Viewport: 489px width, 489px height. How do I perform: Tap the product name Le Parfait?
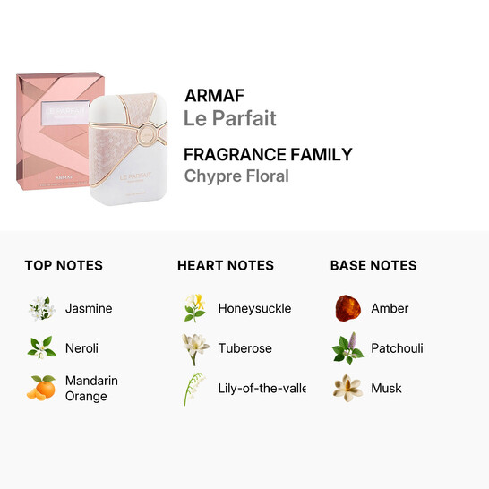click(230, 118)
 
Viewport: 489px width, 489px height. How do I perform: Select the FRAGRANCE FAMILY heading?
click(268, 154)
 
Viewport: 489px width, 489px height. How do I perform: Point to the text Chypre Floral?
click(236, 176)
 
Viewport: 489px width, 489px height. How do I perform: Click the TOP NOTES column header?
click(64, 265)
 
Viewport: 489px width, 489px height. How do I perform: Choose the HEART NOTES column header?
click(226, 265)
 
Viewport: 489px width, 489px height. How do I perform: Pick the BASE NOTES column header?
click(373, 265)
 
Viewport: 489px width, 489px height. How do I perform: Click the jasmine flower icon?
click(41, 308)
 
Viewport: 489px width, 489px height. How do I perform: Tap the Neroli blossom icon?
click(41, 347)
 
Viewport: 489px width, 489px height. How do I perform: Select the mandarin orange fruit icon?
click(41, 388)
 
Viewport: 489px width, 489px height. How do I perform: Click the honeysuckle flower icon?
click(194, 308)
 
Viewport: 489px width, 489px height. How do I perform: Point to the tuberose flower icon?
click(194, 347)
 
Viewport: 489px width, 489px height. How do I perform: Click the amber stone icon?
click(347, 308)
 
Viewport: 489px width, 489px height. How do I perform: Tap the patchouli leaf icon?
click(347, 347)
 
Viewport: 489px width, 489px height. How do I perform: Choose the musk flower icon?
click(347, 388)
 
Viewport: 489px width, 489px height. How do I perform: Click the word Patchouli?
click(397, 348)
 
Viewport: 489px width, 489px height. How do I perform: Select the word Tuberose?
click(244, 348)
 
